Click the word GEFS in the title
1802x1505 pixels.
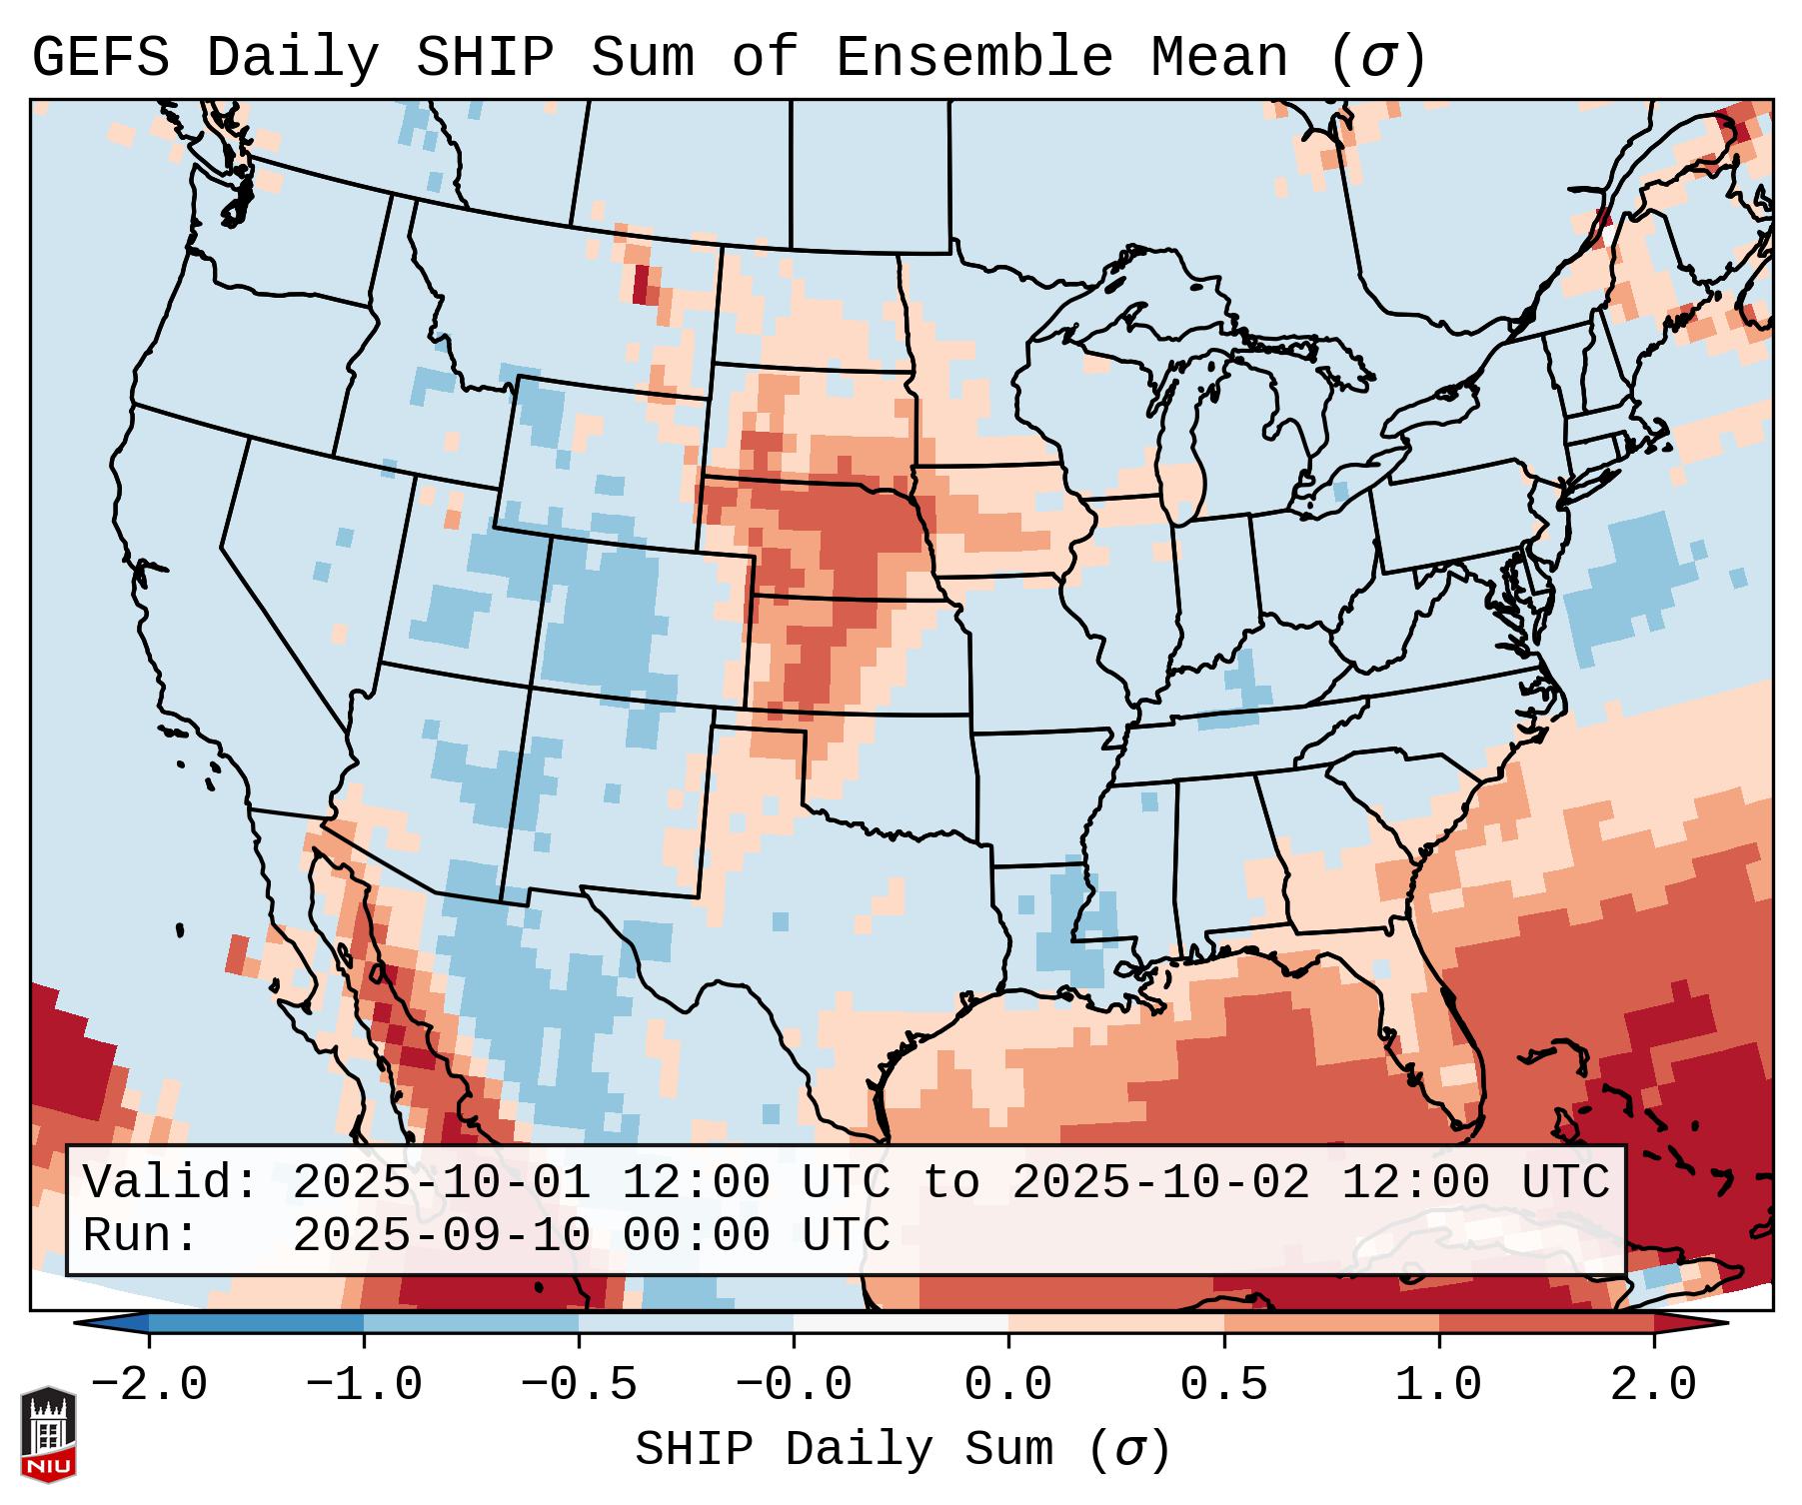click(100, 58)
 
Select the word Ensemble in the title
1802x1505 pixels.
click(973, 58)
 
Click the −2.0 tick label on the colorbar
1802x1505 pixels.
click(149, 1385)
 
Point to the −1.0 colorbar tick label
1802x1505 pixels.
click(364, 1385)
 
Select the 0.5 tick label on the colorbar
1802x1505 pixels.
click(1223, 1385)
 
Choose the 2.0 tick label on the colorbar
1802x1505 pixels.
click(1653, 1385)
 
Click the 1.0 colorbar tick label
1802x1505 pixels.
click(1438, 1385)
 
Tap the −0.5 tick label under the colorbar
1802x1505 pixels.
click(579, 1385)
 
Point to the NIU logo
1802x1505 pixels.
click(48, 1434)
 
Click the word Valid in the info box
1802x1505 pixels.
click(170, 1183)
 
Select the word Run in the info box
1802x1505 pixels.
click(140, 1235)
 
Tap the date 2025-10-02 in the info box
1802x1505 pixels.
click(1160, 1183)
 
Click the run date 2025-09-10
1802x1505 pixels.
click(441, 1235)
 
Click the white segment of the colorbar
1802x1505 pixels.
click(901, 1323)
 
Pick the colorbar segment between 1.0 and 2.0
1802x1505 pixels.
click(1546, 1323)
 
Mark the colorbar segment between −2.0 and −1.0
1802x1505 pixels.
click(256, 1323)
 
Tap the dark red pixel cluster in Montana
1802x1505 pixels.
click(641, 284)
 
